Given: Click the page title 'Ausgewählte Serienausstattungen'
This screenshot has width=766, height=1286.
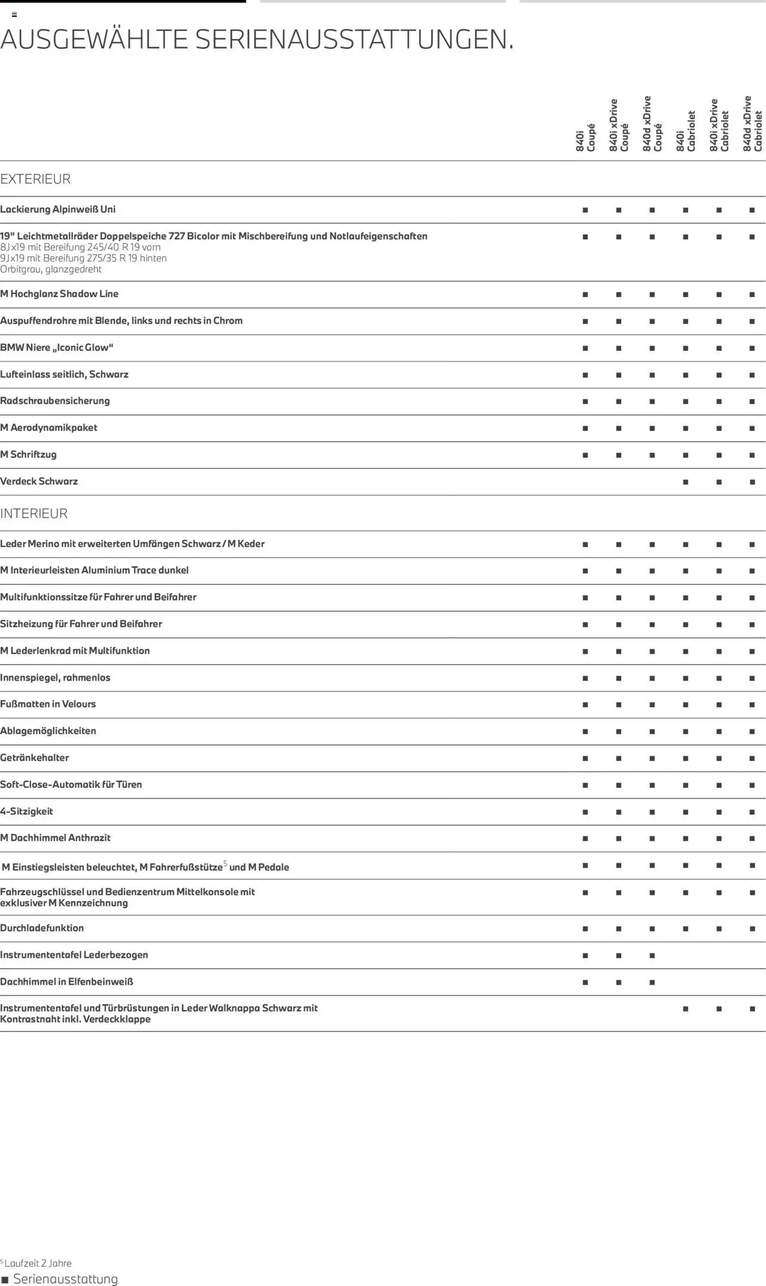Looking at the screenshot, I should [257, 40].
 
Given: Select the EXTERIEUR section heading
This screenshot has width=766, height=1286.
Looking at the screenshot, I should [35, 179].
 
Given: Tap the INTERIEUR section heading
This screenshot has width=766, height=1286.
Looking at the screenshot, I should [34, 514].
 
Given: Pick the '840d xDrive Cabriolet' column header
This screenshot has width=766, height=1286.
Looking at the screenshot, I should [752, 123].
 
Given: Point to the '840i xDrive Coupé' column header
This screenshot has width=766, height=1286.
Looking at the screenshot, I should [619, 125].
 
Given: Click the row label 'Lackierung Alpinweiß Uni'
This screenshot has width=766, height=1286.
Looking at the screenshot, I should [58, 210].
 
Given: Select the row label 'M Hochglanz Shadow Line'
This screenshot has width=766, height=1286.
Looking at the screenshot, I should [59, 294].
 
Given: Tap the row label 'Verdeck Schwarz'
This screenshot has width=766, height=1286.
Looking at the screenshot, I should [39, 481].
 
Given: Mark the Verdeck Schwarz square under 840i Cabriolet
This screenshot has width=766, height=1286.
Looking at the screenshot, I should [685, 482].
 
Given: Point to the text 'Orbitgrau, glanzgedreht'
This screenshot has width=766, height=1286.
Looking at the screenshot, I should [51, 269].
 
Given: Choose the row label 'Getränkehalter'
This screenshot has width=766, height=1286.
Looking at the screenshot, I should [35, 758].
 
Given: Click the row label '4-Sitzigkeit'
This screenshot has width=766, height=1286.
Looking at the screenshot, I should [26, 811].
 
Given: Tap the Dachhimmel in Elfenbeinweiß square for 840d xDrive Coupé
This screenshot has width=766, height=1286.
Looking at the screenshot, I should [652, 982].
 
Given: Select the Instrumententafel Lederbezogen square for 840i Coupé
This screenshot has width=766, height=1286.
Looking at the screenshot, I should [585, 956].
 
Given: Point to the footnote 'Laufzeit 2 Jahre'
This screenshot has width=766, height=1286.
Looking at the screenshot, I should [38, 1263].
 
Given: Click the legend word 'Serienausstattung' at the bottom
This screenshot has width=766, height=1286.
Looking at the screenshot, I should [66, 1279].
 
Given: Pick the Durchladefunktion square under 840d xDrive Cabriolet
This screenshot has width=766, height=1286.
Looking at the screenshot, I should [752, 929].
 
